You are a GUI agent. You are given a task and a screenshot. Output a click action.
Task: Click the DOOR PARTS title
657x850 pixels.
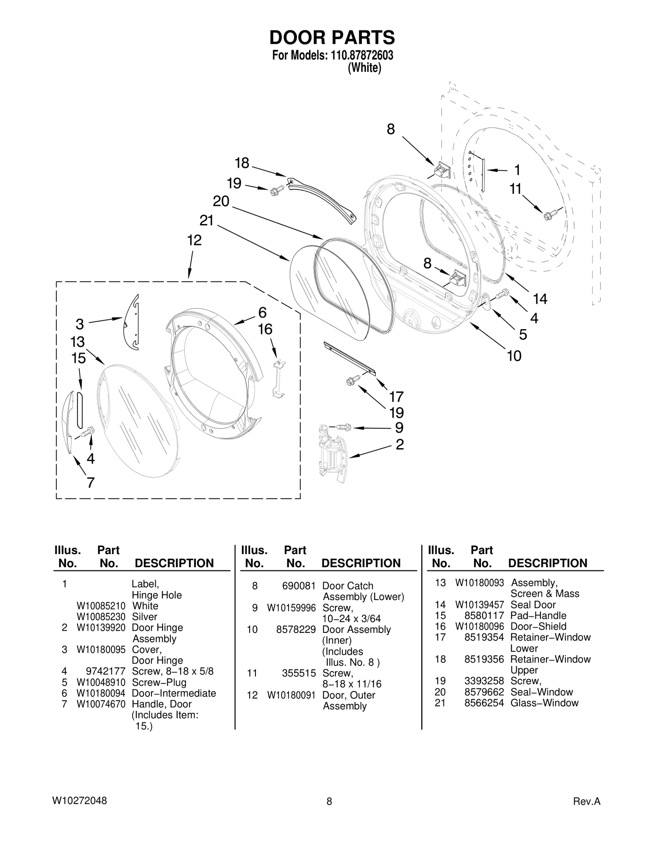click(x=332, y=37)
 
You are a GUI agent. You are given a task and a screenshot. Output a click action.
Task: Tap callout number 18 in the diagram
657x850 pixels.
click(x=242, y=163)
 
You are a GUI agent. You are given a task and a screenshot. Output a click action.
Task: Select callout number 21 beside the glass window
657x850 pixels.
click(x=207, y=220)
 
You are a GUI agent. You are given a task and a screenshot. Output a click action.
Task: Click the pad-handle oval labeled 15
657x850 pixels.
click(x=80, y=409)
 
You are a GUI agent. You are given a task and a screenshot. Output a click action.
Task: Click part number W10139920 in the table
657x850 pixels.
click(x=101, y=628)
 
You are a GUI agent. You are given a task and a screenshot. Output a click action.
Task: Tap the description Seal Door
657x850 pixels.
click(x=533, y=605)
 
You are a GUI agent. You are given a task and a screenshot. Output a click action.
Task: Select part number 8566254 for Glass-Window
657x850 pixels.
click(x=484, y=703)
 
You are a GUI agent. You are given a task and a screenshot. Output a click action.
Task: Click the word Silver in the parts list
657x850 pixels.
click(x=145, y=616)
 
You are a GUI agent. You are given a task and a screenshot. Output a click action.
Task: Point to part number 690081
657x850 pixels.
click(x=299, y=586)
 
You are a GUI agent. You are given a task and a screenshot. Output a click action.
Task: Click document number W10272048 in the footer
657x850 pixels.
click(x=80, y=801)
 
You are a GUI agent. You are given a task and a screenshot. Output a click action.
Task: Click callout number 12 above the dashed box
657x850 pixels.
click(x=194, y=240)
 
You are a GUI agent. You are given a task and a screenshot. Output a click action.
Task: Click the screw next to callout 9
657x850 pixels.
click(x=343, y=427)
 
